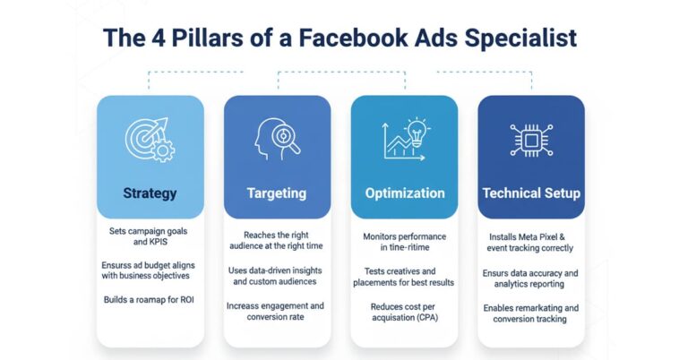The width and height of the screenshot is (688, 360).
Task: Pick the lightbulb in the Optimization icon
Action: [417, 128]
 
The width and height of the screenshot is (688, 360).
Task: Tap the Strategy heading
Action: [150, 193]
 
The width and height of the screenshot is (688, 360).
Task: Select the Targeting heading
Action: [276, 193]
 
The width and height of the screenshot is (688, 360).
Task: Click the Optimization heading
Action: [404, 193]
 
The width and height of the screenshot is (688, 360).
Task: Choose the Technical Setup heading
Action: [531, 193]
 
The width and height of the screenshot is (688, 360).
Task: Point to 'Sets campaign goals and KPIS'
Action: [150, 237]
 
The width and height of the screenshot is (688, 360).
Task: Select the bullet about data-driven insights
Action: [276, 276]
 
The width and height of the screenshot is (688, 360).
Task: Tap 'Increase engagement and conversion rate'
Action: [276, 311]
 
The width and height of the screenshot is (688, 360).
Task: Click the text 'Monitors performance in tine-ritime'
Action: [404, 242]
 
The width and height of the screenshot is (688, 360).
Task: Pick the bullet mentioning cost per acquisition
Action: [404, 312]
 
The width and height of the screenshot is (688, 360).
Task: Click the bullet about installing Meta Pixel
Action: [531, 242]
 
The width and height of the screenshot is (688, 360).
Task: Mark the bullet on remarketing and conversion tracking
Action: [531, 313]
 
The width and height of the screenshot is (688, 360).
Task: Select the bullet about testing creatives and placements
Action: [404, 276]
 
